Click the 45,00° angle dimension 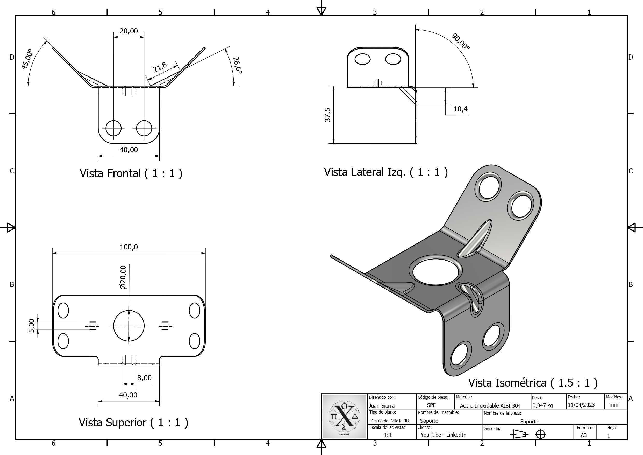pos(27,59)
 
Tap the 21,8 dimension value pos(160,67)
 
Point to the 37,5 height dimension pos(328,115)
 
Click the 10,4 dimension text pos(460,109)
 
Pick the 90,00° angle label pos(461,41)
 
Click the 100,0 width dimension pos(129,247)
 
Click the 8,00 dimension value pos(144,378)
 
